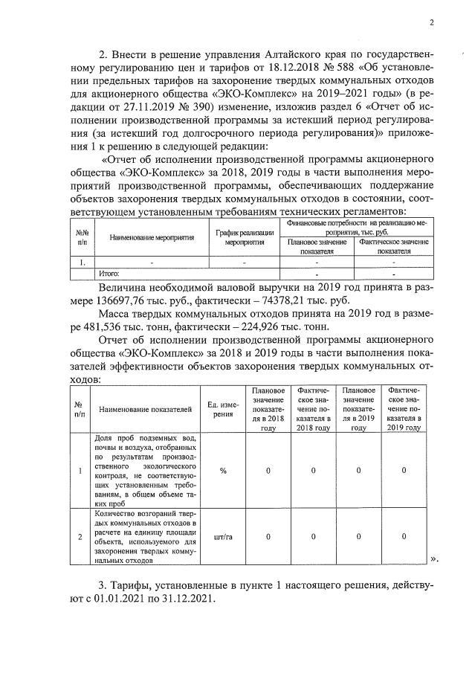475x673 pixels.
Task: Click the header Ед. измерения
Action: (x=221, y=409)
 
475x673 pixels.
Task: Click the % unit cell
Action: (x=222, y=471)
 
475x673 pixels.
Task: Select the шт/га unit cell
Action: (x=222, y=536)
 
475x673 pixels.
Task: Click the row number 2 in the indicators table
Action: (x=79, y=536)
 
